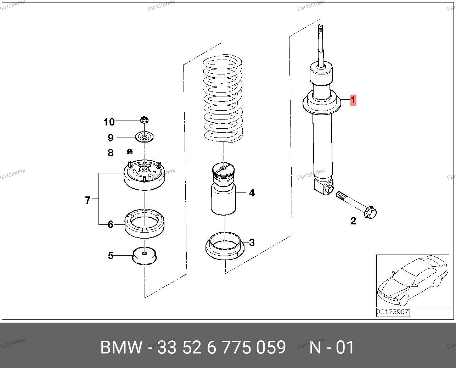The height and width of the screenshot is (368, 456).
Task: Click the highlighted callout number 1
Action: pyautogui.click(x=353, y=100)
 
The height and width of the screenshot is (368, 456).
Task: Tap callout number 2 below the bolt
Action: pyautogui.click(x=353, y=221)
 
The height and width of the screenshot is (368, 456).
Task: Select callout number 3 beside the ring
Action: pyautogui.click(x=252, y=242)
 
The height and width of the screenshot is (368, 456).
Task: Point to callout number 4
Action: pyautogui.click(x=252, y=193)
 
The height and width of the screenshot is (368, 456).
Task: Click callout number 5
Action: pyautogui.click(x=111, y=256)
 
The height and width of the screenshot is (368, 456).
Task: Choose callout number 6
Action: pyautogui.click(x=111, y=224)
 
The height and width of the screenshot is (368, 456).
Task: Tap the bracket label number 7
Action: pyautogui.click(x=88, y=200)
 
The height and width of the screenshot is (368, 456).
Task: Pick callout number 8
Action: pyautogui.click(x=111, y=153)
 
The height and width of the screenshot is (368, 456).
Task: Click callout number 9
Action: pyautogui.click(x=111, y=138)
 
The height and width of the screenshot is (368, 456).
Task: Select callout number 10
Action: pyautogui.click(x=109, y=122)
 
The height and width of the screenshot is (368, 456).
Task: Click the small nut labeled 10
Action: pyautogui.click(x=144, y=120)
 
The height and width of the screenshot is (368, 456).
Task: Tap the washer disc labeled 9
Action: pyautogui.click(x=144, y=137)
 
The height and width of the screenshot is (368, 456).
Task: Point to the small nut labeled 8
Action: pyautogui.click(x=130, y=151)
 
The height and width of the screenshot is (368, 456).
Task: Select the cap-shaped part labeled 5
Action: pyautogui.click(x=144, y=256)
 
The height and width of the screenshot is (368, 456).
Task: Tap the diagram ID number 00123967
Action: pyautogui.click(x=393, y=312)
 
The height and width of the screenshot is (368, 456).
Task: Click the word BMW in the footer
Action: pyautogui.click(x=121, y=347)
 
